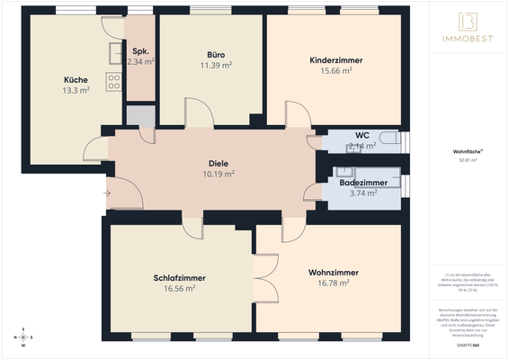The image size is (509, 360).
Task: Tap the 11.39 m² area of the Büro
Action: point(216,65)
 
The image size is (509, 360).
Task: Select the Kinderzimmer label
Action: point(331,59)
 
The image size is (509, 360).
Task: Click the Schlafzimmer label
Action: point(167,278)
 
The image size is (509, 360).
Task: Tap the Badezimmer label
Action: point(363,183)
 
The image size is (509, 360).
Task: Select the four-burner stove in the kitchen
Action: point(114,82)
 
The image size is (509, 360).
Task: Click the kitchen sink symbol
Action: point(114,55)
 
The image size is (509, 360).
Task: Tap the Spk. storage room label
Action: point(140,51)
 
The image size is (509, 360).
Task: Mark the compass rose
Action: point(22,338)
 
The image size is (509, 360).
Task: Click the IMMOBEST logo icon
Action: point(467,21)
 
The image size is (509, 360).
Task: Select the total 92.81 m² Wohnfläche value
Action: point(467,160)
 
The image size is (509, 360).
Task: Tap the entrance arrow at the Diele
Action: point(107,192)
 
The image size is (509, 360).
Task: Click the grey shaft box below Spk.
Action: point(140,115)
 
